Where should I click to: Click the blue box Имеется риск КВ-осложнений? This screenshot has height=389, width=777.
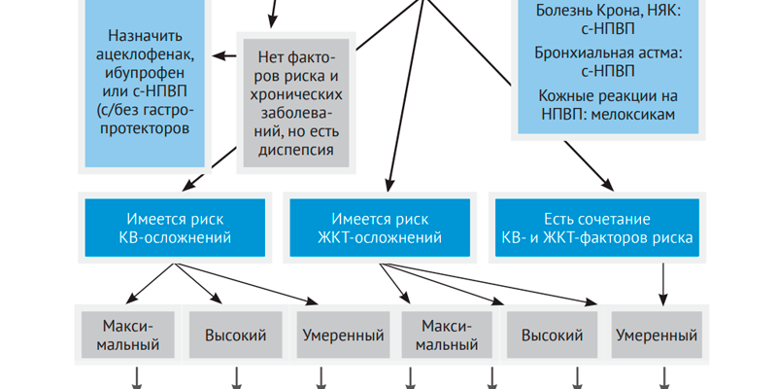point(176,228)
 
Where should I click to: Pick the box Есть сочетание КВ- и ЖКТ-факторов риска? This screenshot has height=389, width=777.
point(595,228)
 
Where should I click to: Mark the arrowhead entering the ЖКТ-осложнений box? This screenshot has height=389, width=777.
point(388,184)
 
